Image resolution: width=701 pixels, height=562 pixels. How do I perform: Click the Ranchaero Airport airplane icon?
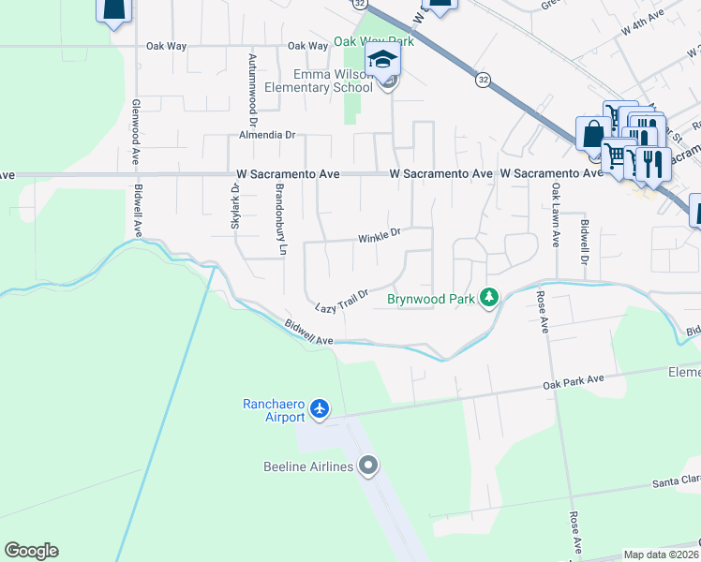[321, 408]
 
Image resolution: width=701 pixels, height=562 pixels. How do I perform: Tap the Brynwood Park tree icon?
[488, 297]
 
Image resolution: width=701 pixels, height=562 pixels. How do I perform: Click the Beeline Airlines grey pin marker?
[368, 466]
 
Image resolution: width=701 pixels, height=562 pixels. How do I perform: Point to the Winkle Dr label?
[379, 238]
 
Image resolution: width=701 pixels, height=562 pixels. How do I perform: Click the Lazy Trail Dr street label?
[341, 300]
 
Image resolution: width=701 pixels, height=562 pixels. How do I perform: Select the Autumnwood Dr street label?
[252, 90]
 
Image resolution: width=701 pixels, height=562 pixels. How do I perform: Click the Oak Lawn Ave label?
[556, 214]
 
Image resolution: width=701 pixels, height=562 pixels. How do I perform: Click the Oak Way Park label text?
[373, 42]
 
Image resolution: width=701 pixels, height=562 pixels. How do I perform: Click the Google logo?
[31, 551]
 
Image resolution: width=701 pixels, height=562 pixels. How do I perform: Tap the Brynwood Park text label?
[431, 300]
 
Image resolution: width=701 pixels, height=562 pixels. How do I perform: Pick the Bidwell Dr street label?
[585, 242]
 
